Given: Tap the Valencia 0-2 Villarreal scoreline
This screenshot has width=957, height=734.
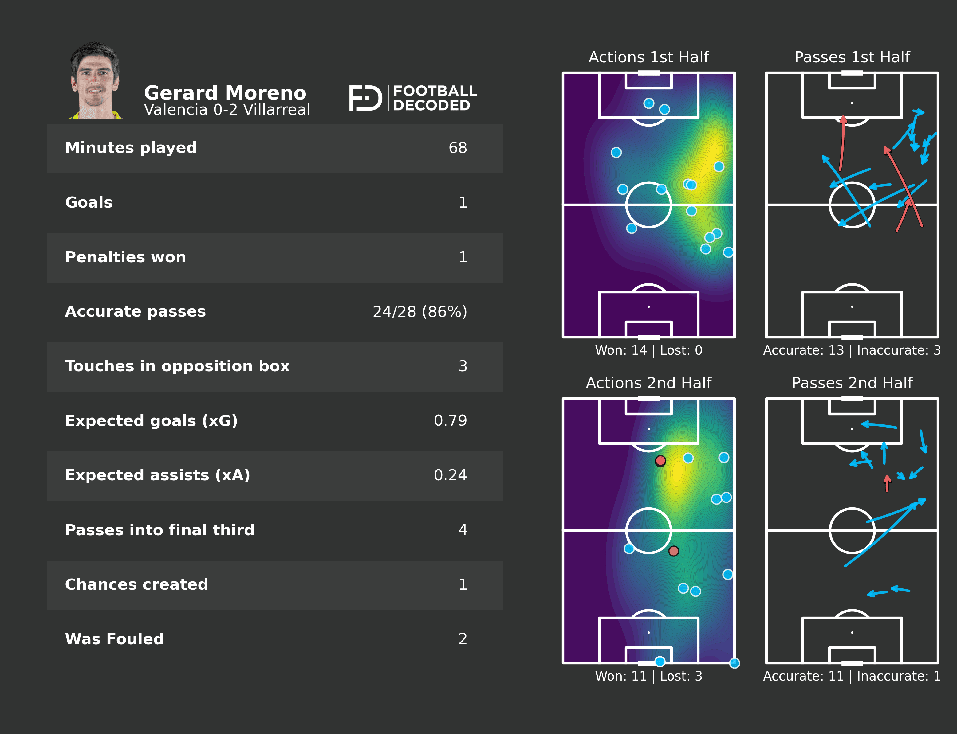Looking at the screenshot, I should click(x=227, y=110).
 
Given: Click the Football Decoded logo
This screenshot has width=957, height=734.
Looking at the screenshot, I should click(x=413, y=98).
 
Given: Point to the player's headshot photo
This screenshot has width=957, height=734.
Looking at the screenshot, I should click(x=95, y=81).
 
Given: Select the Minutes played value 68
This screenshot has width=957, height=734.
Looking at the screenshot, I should click(x=457, y=148).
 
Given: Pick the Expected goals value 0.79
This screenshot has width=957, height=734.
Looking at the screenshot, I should click(x=450, y=421).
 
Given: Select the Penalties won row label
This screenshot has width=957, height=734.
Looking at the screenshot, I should click(x=125, y=257).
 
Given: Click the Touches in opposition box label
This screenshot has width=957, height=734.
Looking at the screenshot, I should click(x=177, y=366).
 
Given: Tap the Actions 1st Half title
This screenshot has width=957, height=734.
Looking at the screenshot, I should click(x=648, y=57).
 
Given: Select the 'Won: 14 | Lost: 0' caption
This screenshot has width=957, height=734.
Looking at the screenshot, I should click(x=648, y=350).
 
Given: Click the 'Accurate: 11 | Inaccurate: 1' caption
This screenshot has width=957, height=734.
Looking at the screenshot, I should click(x=852, y=676).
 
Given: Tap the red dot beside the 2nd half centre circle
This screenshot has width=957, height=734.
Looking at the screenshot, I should click(x=674, y=551).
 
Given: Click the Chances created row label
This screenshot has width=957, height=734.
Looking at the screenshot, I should click(x=136, y=584).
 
